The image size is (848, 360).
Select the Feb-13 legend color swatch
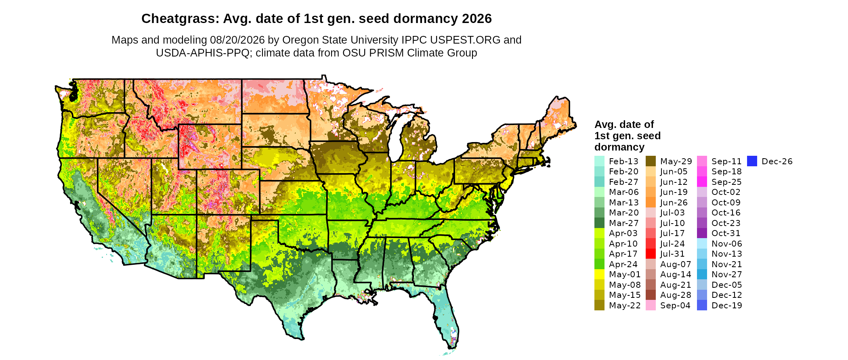600,161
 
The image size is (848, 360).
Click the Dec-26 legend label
777,161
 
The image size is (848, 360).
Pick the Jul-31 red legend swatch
651,254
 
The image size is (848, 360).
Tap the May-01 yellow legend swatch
600,274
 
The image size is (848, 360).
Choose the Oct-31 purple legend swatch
702,233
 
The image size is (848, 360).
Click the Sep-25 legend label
726,182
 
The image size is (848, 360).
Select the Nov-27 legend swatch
702,274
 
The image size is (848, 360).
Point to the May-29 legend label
676,161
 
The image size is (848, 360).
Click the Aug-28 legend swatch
651,295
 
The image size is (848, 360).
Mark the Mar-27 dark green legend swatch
600,223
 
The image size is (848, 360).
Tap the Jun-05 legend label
674,172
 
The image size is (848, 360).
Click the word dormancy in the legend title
619,147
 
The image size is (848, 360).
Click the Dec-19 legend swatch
702,306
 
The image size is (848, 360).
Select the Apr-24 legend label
623,264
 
